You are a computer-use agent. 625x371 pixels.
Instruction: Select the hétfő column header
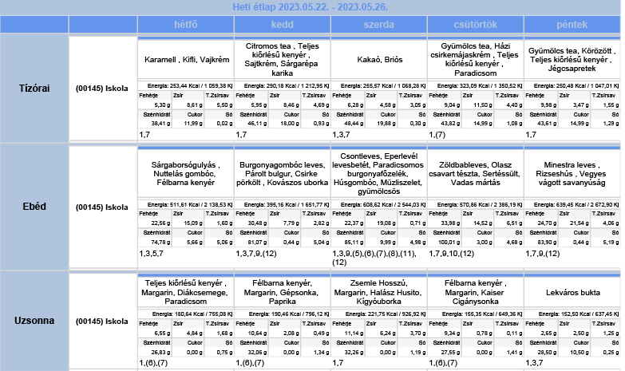tap(185, 25)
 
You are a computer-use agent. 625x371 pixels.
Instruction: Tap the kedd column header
tap(282, 25)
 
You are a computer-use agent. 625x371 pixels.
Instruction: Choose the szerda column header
tap(378, 25)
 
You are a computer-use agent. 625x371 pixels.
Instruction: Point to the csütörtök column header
tap(475, 25)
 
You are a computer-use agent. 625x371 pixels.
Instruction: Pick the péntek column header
tap(572, 25)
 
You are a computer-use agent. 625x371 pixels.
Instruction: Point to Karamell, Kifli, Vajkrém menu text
tap(185, 60)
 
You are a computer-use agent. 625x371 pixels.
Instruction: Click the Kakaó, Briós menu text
tap(378, 60)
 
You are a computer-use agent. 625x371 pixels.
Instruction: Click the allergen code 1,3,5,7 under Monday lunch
tap(152, 253)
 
